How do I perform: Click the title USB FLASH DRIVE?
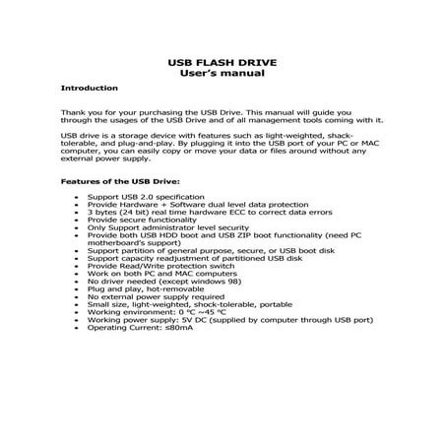click(x=222, y=61)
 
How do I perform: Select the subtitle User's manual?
click(x=222, y=73)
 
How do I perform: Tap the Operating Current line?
click(x=139, y=321)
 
